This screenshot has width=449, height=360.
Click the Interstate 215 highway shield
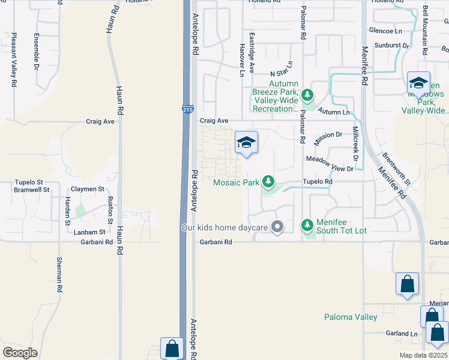click(187, 110)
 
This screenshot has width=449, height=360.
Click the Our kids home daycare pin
click(277, 227)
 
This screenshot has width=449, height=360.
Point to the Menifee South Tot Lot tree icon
click(307, 225)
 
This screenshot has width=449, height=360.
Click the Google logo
click(20, 352)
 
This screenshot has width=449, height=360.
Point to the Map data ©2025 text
click(424, 355)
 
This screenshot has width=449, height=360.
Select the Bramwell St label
click(29, 189)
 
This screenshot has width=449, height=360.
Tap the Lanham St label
click(89, 232)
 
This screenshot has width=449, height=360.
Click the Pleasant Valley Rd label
click(13, 60)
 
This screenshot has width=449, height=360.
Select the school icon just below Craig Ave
click(246, 143)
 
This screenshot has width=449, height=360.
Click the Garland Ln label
click(402, 334)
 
